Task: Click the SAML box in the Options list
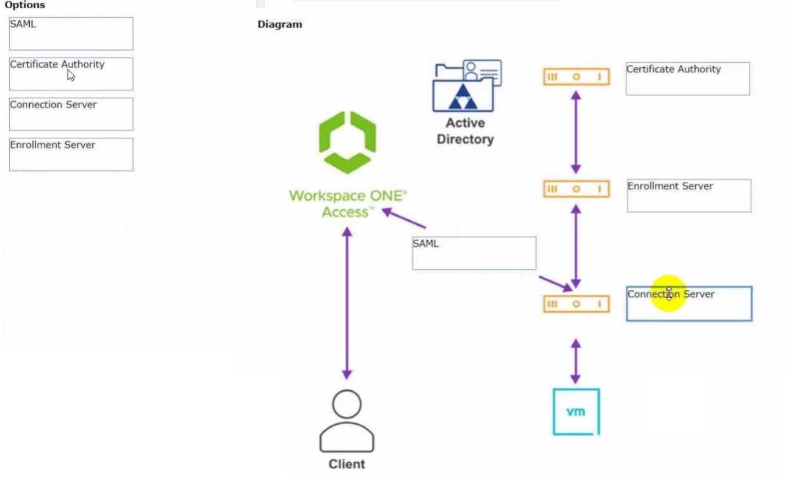tap(70, 34)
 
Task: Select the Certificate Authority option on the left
tap(70, 74)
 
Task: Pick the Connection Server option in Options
tap(70, 114)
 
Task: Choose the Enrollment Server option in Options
tap(70, 154)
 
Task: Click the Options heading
tap(25, 5)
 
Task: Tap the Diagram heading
tap(280, 24)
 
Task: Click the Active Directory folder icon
tap(466, 86)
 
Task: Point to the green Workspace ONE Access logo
tap(347, 142)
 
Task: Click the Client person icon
tap(347, 421)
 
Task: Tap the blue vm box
tap(576, 411)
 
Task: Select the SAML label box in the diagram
tap(474, 253)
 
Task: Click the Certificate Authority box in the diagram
tap(687, 79)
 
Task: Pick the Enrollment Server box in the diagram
tap(688, 196)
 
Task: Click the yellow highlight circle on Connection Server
tap(668, 294)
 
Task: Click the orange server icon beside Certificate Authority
tap(576, 77)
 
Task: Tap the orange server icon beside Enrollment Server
tap(576, 189)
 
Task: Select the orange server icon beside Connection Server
tap(576, 304)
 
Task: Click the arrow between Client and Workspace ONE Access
tap(347, 303)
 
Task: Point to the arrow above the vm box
tap(575, 361)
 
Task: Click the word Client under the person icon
tap(347, 464)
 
